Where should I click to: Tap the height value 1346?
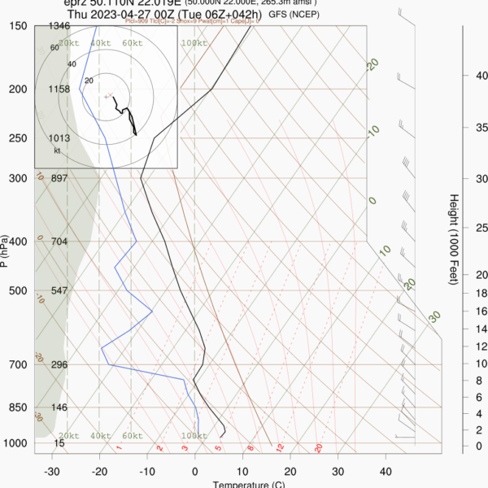pos(59,26)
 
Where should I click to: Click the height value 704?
pos(59,242)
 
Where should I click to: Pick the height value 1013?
pos(59,138)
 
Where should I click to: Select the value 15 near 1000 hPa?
pos(59,443)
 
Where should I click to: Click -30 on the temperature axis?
pos(51,472)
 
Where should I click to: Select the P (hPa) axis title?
pos(6,251)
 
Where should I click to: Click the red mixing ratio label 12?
pos(280,447)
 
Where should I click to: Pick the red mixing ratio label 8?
pos(251,447)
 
